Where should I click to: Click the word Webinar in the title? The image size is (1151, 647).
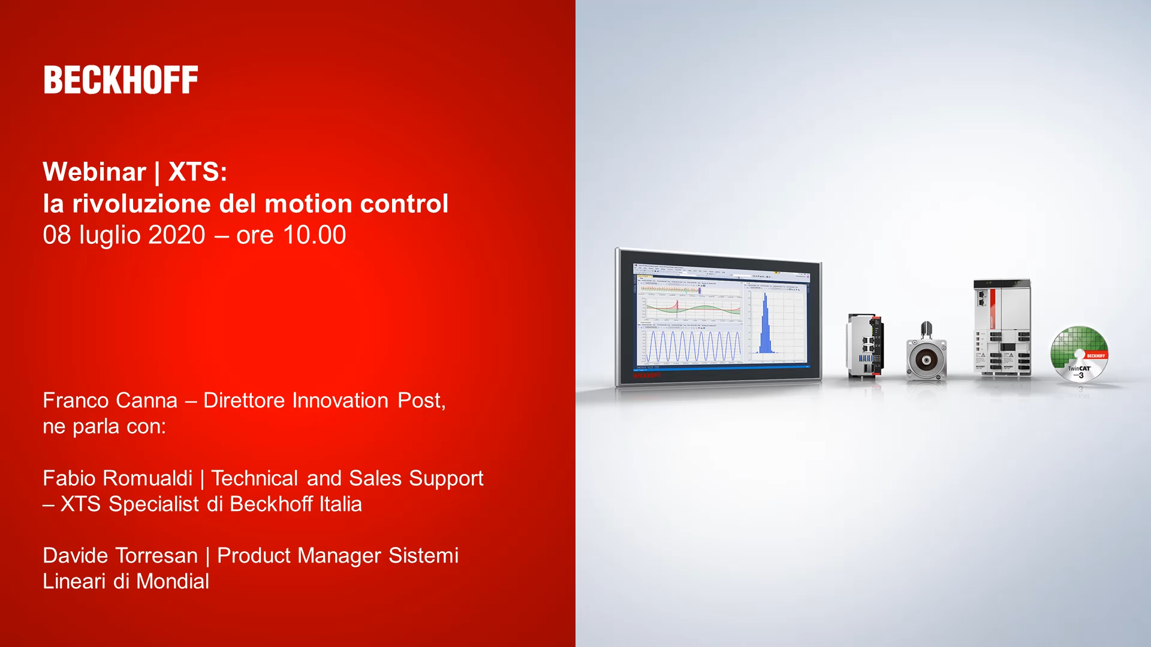click(x=94, y=172)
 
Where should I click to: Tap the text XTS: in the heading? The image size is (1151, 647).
click(x=197, y=172)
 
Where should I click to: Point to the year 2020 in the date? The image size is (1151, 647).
click(x=177, y=235)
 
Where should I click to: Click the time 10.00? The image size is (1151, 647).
click(x=314, y=235)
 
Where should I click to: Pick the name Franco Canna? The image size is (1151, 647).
click(x=110, y=400)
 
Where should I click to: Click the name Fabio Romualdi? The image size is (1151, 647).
click(x=117, y=478)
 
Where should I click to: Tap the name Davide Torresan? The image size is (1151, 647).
click(x=120, y=555)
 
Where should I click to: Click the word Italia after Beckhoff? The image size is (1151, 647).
click(x=340, y=504)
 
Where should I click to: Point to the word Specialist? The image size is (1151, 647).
click(x=153, y=504)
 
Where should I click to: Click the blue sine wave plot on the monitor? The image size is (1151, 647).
click(x=692, y=346)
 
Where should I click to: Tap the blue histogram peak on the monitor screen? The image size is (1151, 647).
click(x=766, y=326)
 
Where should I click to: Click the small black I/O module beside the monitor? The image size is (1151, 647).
click(x=864, y=346)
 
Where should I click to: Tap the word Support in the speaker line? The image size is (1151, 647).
click(x=446, y=478)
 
